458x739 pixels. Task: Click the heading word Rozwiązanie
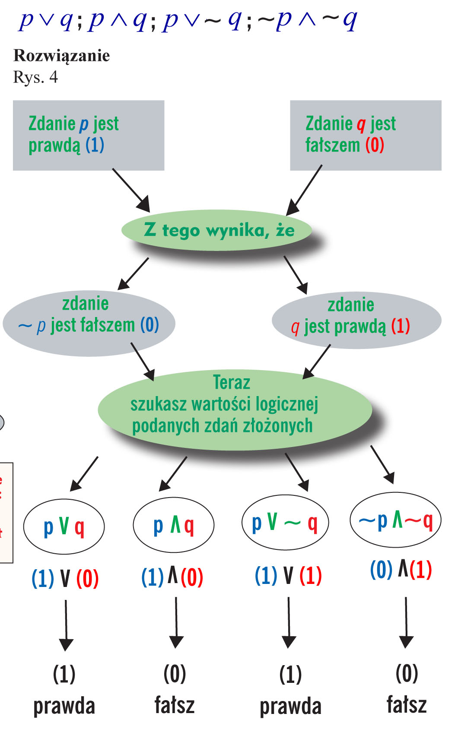point(62,56)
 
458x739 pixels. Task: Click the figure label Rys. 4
point(35,77)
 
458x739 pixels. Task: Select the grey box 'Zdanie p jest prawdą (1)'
point(89,135)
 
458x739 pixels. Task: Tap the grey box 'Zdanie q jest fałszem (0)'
point(366,135)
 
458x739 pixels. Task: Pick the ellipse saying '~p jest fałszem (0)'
point(89,324)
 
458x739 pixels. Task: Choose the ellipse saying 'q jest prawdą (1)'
point(356,320)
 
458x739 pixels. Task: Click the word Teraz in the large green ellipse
point(232,383)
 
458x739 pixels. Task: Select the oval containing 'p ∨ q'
point(64,526)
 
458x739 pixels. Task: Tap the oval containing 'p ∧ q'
point(174,525)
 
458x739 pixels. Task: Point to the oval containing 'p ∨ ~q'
point(285,522)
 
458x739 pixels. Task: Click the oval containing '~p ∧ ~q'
point(395,520)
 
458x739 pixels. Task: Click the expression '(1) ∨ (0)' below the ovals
point(65,578)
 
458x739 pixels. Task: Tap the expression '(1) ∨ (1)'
point(288,575)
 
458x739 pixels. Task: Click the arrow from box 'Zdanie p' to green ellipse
point(131,190)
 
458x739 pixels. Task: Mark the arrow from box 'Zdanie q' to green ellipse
point(304,190)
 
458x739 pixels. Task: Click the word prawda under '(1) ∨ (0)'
point(64,706)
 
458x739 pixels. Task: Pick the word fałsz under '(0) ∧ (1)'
point(406,704)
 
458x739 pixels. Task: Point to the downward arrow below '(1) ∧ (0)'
point(176,622)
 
